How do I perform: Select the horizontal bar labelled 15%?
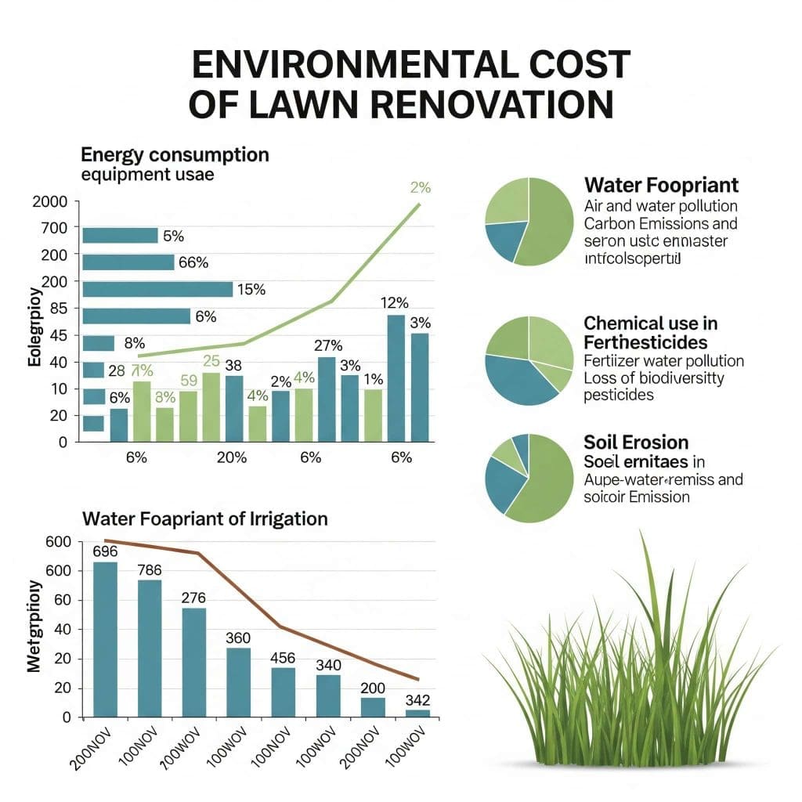tap(157, 289)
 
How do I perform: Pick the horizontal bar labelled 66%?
tap(128, 262)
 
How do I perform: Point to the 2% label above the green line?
tap(421, 188)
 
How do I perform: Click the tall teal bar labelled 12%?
tap(396, 378)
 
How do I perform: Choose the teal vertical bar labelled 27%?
tap(327, 399)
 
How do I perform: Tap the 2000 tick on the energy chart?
tap(51, 201)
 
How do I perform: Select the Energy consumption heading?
tap(175, 154)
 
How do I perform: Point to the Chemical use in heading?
tap(650, 323)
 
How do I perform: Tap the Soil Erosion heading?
tap(636, 443)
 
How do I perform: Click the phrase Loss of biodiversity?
tap(654, 378)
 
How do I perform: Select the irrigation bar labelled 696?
tap(105, 638)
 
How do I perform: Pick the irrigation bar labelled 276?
tap(193, 662)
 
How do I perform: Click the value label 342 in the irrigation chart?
tap(417, 699)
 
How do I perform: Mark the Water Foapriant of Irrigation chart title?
tap(205, 518)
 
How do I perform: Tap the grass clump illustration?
tap(627, 674)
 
